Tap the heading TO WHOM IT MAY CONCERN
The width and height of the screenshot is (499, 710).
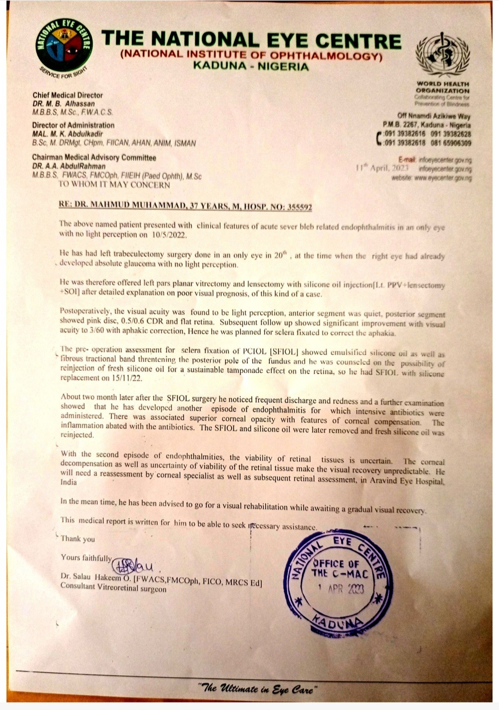(114, 185)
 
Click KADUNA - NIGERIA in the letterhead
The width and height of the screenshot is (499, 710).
(250, 67)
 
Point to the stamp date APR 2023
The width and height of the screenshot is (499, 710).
(342, 589)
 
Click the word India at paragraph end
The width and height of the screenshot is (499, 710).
(69, 482)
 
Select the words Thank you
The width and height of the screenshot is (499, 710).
(78, 539)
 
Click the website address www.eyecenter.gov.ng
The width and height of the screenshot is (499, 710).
(444, 178)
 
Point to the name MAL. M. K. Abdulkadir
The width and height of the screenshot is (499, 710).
(67, 134)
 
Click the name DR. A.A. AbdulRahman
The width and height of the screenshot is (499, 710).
(69, 166)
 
